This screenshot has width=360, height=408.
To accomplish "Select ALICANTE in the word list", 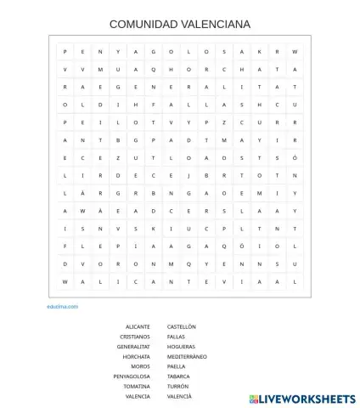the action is [138, 326].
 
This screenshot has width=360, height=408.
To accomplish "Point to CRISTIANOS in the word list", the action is [135, 337].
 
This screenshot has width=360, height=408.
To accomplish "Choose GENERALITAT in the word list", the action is [133, 347].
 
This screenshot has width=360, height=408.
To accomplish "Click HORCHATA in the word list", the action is [136, 356].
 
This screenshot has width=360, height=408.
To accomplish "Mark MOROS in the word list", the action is [140, 366].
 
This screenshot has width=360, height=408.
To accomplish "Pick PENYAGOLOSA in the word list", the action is [132, 377].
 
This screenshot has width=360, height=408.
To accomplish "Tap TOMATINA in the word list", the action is [136, 386].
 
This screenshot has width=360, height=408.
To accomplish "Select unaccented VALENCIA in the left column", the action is [137, 396].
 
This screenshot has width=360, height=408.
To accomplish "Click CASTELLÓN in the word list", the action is [182, 326].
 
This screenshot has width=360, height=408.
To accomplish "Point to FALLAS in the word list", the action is [176, 337].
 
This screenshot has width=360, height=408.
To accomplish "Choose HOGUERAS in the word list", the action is [181, 347].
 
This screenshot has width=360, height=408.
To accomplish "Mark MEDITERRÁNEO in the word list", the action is [187, 356].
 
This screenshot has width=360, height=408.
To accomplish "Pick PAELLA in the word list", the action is [176, 366].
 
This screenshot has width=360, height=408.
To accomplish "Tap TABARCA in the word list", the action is [178, 377].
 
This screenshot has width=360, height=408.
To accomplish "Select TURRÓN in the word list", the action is [177, 386].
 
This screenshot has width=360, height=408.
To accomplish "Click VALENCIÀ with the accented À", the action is [179, 396].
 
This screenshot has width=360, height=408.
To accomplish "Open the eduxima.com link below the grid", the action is [63, 306].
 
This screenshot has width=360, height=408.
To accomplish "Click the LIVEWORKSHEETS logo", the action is [302, 398].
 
